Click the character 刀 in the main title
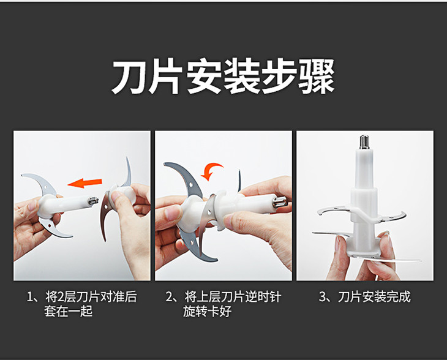coord(129,77)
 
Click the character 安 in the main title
coord(204,77)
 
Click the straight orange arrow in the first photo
coord(85,182)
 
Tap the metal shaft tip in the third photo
coord(364,141)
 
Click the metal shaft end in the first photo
coord(93,201)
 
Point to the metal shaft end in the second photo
coord(278,202)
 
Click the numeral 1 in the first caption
coord(29,297)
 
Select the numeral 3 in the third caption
coord(322,297)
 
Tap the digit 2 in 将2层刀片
coord(61,297)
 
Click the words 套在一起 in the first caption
coord(68,311)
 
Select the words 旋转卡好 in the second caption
coord(207,311)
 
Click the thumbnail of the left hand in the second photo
coord(170,213)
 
